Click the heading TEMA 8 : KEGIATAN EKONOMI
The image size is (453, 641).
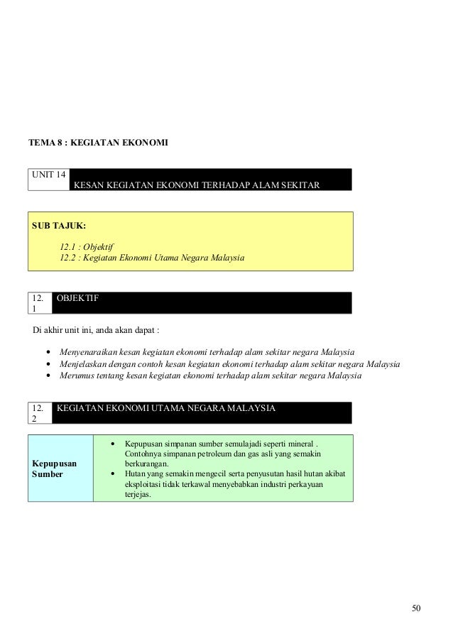(x=98, y=143)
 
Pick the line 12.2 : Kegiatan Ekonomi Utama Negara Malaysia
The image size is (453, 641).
(x=151, y=257)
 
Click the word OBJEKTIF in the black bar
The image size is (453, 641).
(x=77, y=299)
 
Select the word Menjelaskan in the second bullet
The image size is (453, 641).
(x=82, y=363)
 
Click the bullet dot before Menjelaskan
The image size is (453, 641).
(x=48, y=364)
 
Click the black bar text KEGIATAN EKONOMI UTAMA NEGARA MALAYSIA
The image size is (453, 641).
(x=166, y=408)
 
